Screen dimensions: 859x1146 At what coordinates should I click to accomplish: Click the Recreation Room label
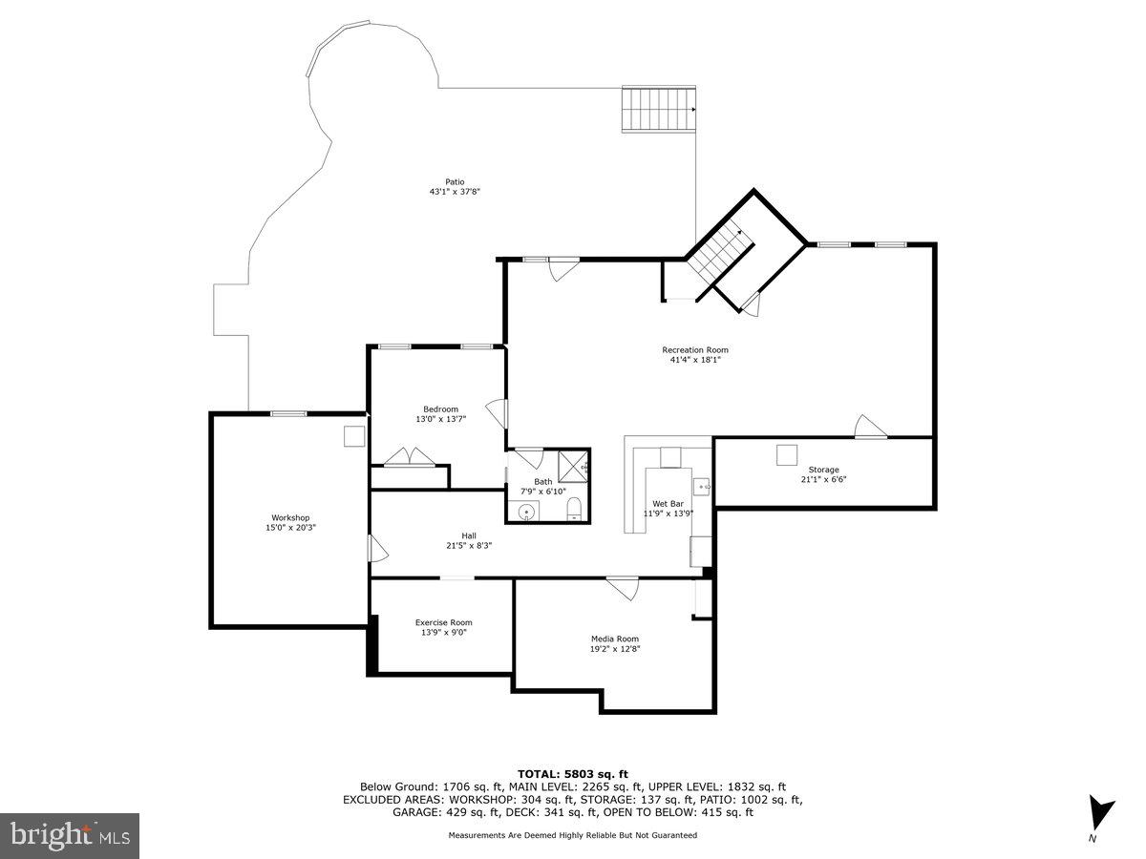pos(695,350)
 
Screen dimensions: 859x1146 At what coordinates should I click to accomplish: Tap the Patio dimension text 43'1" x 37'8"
pos(454,192)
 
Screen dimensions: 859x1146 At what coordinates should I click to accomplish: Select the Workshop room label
pos(290,518)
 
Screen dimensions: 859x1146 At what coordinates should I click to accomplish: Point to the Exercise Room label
pos(443,622)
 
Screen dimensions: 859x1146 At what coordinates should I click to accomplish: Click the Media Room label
pos(614,639)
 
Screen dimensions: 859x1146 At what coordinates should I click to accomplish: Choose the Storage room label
pos(823,470)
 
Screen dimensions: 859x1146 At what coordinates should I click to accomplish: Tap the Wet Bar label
pos(668,503)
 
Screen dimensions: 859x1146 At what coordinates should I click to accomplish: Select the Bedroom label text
pos(440,409)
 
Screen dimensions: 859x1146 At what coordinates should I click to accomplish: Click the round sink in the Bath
pos(526,513)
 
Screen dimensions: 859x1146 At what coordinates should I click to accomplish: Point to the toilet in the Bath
pos(575,509)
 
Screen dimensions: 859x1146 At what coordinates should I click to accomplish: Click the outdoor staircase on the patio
pos(658,109)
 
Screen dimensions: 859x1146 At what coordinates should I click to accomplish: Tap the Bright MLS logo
pos(70,836)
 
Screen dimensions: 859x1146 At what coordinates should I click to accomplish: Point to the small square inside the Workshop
pos(354,435)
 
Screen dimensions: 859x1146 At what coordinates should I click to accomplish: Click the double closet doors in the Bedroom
pos(408,457)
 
